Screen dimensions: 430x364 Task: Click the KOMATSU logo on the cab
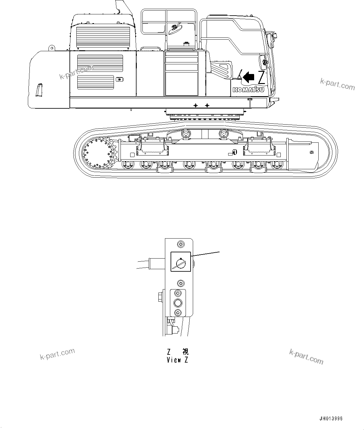click(x=248, y=90)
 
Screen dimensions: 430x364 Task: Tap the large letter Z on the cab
click(x=261, y=77)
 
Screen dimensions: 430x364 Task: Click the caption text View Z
click(x=177, y=360)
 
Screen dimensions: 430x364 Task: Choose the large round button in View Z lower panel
click(x=178, y=303)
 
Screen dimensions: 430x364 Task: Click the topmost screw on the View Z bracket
click(x=180, y=244)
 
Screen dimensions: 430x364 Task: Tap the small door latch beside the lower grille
click(x=119, y=79)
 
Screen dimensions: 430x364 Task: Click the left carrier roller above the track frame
click(x=186, y=134)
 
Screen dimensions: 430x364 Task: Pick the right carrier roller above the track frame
click(x=223, y=134)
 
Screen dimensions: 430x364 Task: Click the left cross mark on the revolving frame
click(x=196, y=106)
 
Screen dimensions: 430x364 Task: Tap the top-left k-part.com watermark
click(x=77, y=72)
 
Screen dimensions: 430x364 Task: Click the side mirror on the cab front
click(x=262, y=62)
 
